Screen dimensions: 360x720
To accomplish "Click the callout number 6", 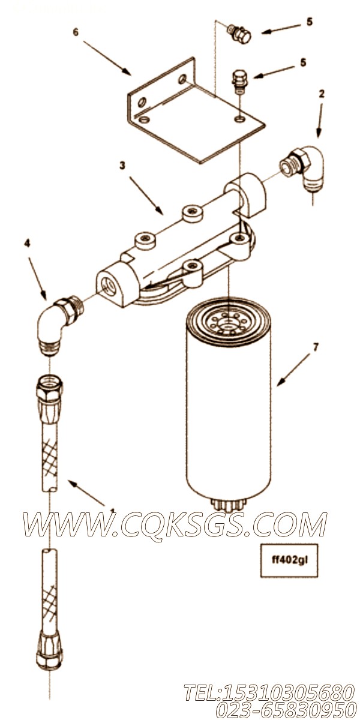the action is pos(76,32).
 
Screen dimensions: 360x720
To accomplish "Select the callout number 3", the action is pos(122,166).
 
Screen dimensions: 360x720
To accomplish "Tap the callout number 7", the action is pos(316,347).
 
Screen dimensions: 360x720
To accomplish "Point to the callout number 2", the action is pos(322,94).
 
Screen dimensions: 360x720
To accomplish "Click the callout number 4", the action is pos(27,244).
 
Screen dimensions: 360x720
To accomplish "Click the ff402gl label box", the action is pos(289,560).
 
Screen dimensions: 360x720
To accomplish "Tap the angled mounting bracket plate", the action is pos(196,111).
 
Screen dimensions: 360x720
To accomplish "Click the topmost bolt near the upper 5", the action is pos(239,35).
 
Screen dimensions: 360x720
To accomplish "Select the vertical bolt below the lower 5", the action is pos(239,82).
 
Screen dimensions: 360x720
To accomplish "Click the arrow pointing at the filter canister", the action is pos(293,370).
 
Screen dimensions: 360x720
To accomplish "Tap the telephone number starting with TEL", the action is pos(269,692).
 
